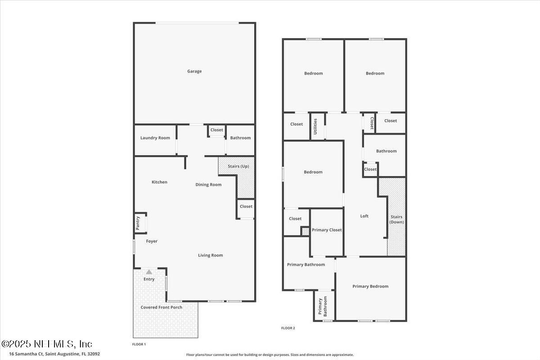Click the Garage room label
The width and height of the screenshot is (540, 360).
194,71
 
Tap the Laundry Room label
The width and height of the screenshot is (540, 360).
155,138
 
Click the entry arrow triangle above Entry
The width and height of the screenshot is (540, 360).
149,271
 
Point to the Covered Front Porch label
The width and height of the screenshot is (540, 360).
162,307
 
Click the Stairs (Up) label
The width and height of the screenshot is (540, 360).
238,166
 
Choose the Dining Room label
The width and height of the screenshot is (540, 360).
208,184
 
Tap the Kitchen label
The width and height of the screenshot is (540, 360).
159,182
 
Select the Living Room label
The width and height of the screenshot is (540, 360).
211,255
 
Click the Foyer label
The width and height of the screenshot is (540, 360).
152,241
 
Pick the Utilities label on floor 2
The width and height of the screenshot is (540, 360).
315,126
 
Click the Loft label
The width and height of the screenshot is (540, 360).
364,216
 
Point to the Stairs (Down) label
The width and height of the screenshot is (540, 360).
397,220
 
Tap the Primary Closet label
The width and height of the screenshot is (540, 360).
327,230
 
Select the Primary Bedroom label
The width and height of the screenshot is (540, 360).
370,286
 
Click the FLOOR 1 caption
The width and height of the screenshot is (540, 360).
139,344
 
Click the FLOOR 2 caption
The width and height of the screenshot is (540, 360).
288,328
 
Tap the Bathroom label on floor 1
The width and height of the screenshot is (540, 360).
240,138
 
